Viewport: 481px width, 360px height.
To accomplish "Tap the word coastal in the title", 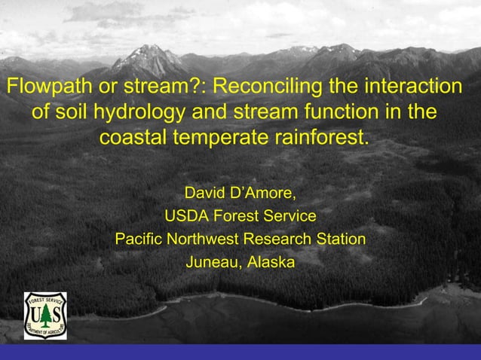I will (x=133, y=139).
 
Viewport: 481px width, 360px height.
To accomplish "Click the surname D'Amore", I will (x=263, y=193).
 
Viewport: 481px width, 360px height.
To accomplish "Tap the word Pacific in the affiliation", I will (x=139, y=239).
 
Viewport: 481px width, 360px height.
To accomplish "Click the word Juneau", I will (x=209, y=263).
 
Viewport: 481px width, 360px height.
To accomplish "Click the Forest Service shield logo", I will (x=45, y=315).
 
